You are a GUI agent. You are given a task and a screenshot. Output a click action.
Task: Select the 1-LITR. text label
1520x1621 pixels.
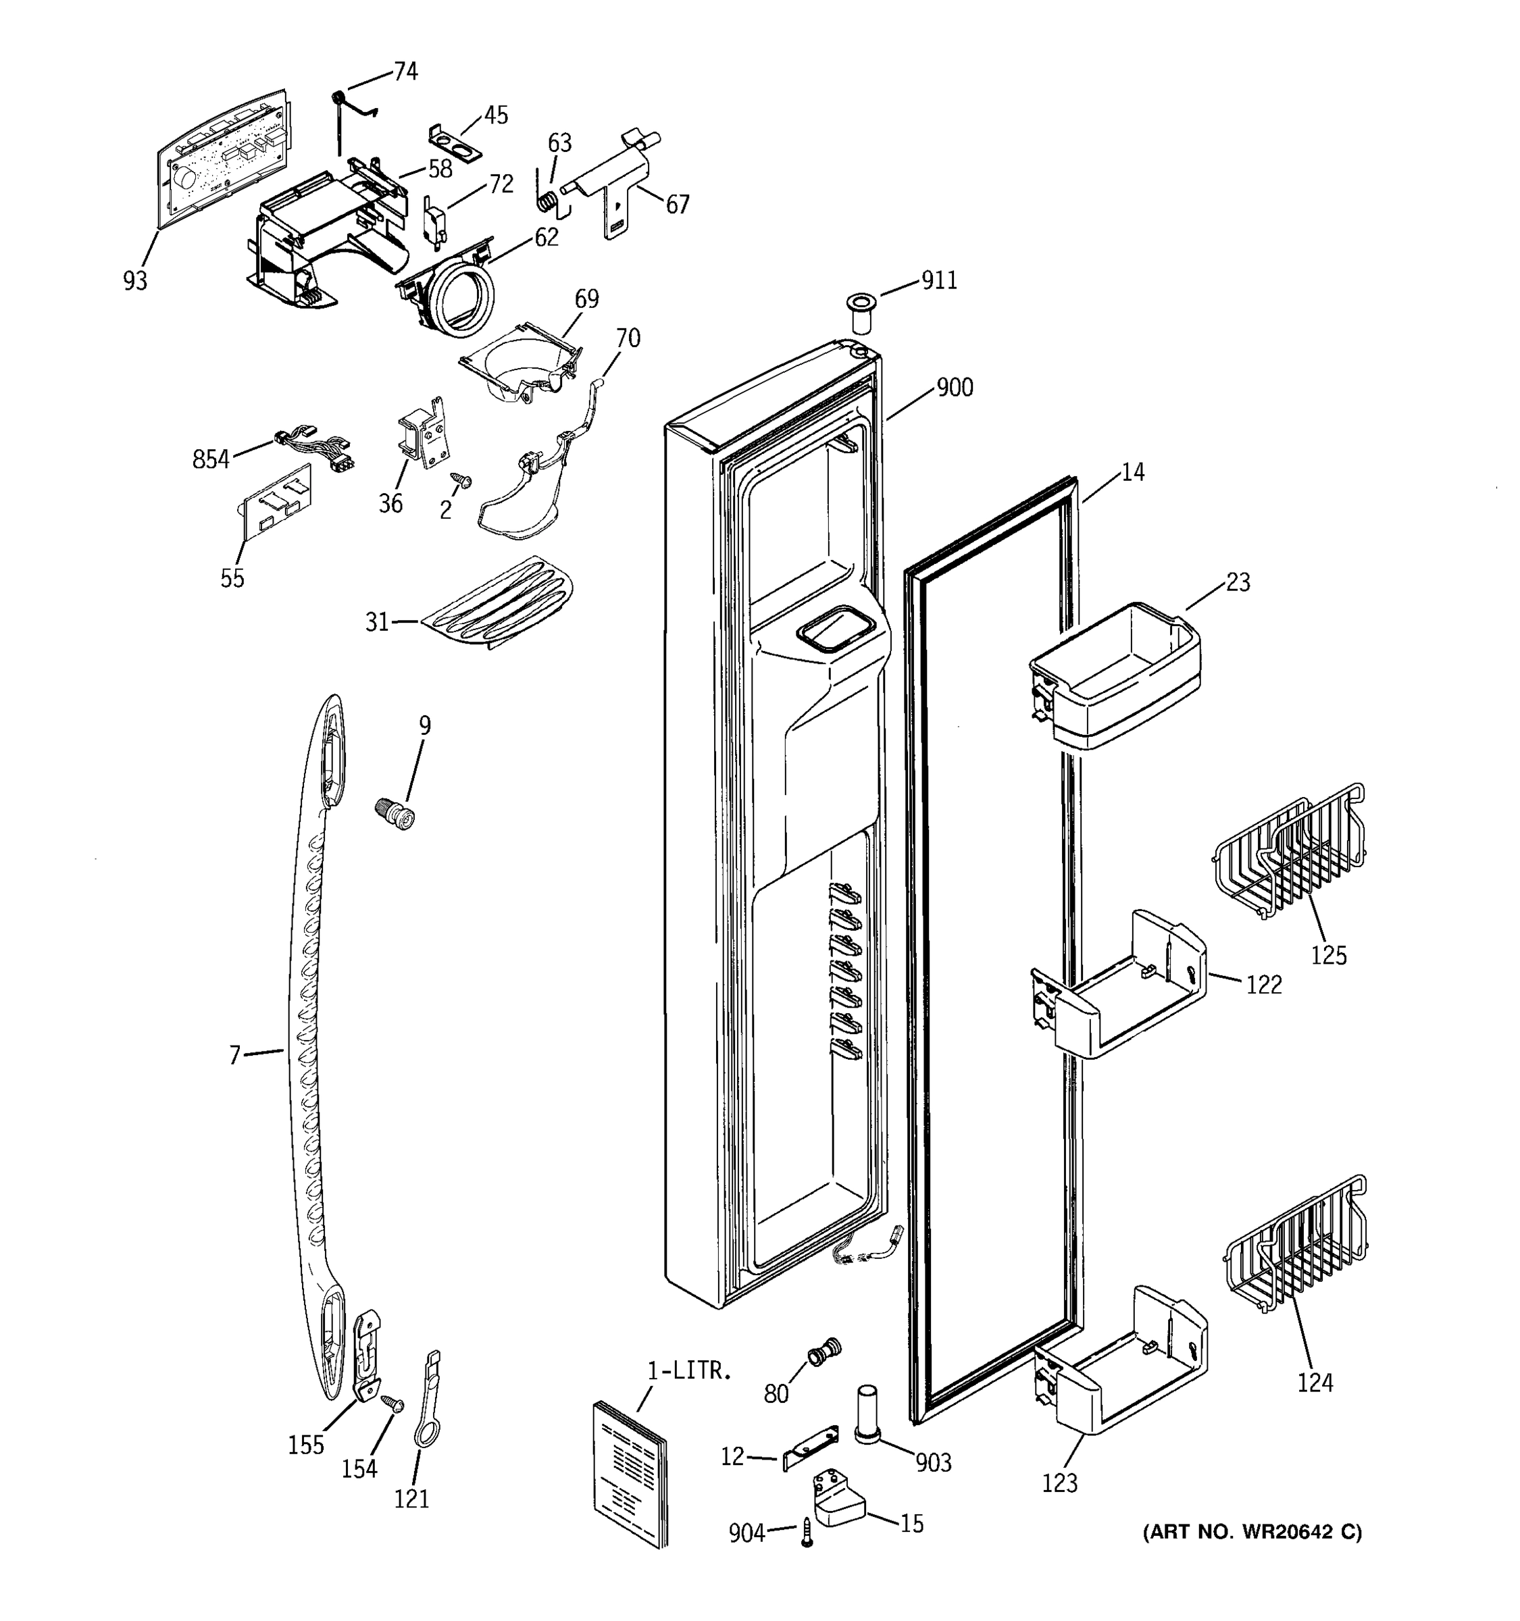(x=689, y=1370)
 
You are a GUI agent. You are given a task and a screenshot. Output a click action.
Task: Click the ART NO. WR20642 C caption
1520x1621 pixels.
(x=1252, y=1532)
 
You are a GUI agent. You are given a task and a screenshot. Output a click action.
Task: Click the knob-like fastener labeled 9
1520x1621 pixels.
(x=397, y=815)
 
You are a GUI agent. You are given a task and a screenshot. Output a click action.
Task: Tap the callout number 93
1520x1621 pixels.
(x=135, y=280)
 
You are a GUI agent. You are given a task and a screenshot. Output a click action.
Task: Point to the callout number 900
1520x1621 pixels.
(x=954, y=387)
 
